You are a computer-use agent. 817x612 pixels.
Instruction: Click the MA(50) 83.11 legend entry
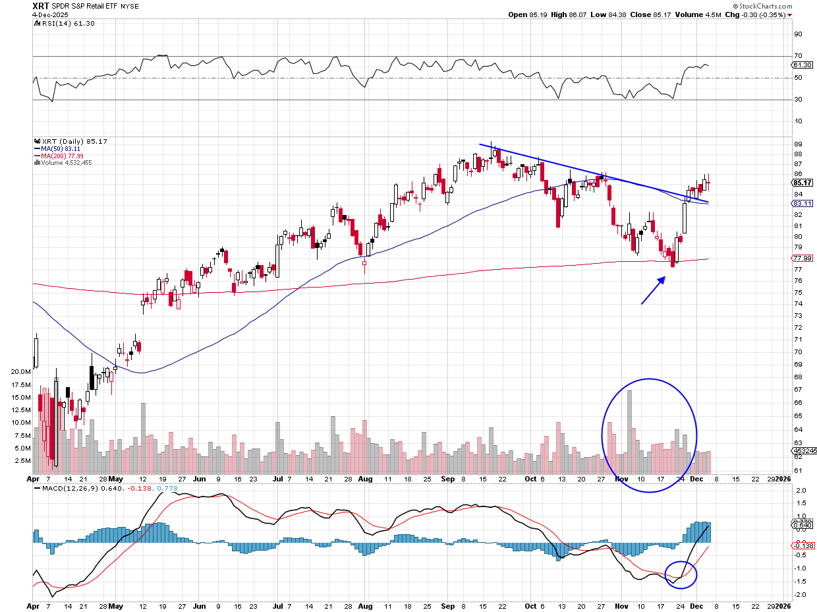tap(61, 148)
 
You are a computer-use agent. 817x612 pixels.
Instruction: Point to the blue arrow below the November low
tap(653, 290)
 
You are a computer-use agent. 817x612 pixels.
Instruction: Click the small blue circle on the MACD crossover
tap(680, 574)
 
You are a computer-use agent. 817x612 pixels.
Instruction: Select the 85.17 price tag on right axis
tap(801, 183)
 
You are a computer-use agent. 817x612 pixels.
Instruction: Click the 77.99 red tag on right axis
tap(801, 259)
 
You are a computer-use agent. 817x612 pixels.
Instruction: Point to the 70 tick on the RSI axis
tap(797, 57)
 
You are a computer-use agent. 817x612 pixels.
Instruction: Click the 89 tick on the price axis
tap(797, 144)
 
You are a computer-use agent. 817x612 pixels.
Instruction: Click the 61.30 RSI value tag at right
tap(801, 65)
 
